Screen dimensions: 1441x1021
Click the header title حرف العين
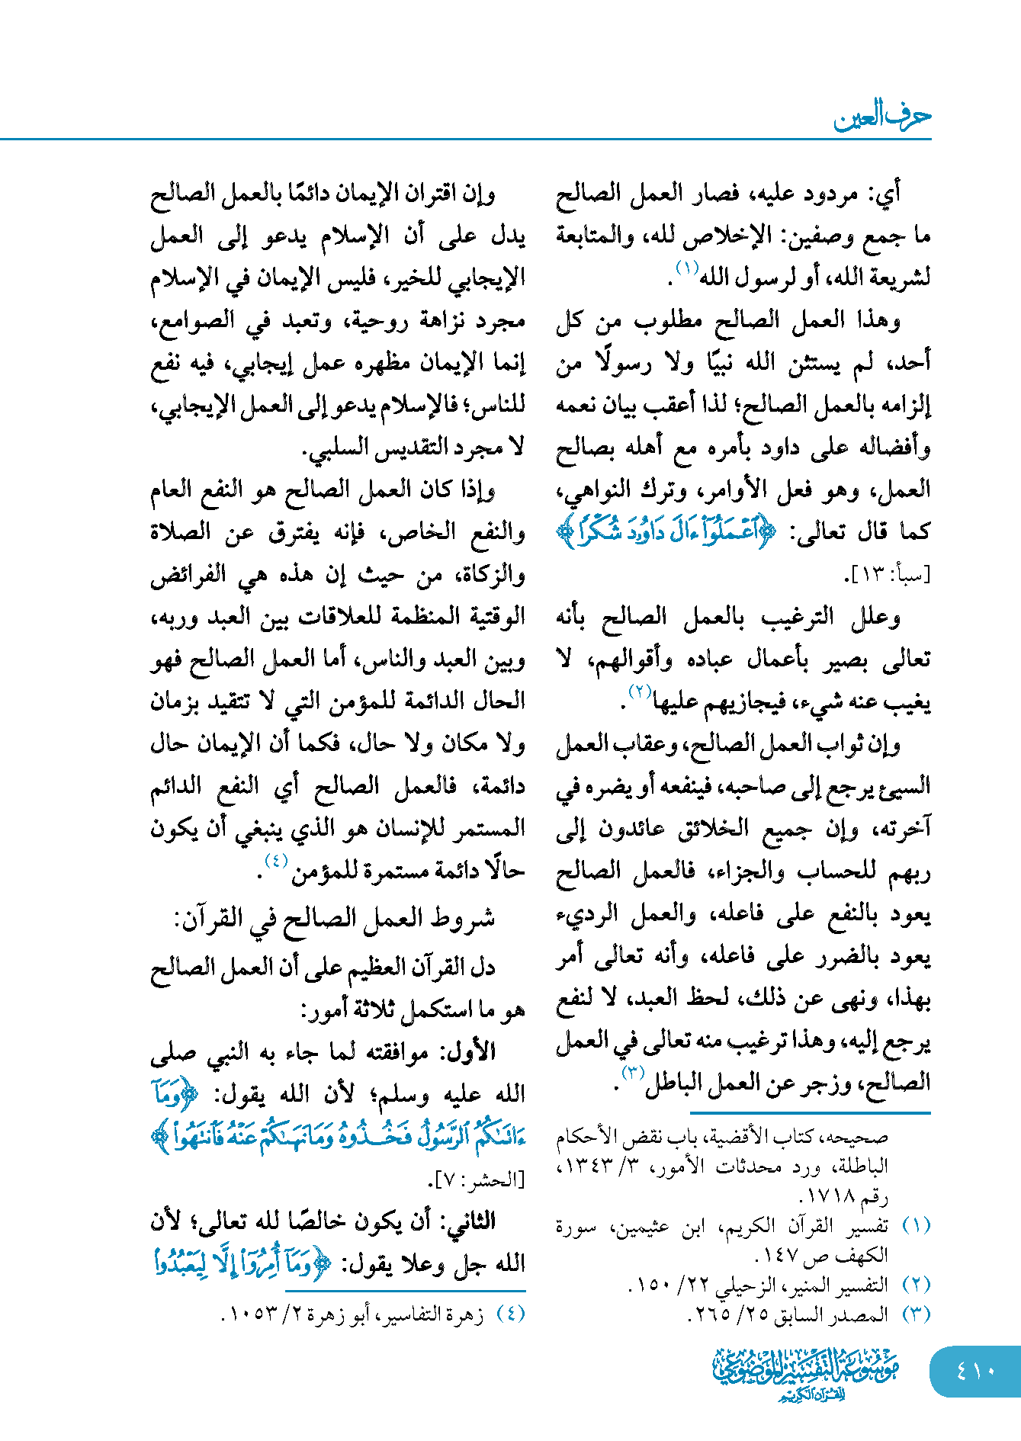coord(882,117)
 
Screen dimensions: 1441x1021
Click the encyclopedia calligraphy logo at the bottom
coord(806,1373)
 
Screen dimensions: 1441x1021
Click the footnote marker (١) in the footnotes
coord(916,1227)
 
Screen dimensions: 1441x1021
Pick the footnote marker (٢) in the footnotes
coord(916,1285)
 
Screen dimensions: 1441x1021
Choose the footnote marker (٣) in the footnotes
coord(916,1314)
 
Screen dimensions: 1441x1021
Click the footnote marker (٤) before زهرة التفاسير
coord(510,1314)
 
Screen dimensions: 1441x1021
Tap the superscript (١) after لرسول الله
coord(686,268)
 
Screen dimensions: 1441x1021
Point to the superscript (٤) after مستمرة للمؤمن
coord(275,862)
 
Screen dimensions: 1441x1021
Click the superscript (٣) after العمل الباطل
coord(633,1074)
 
